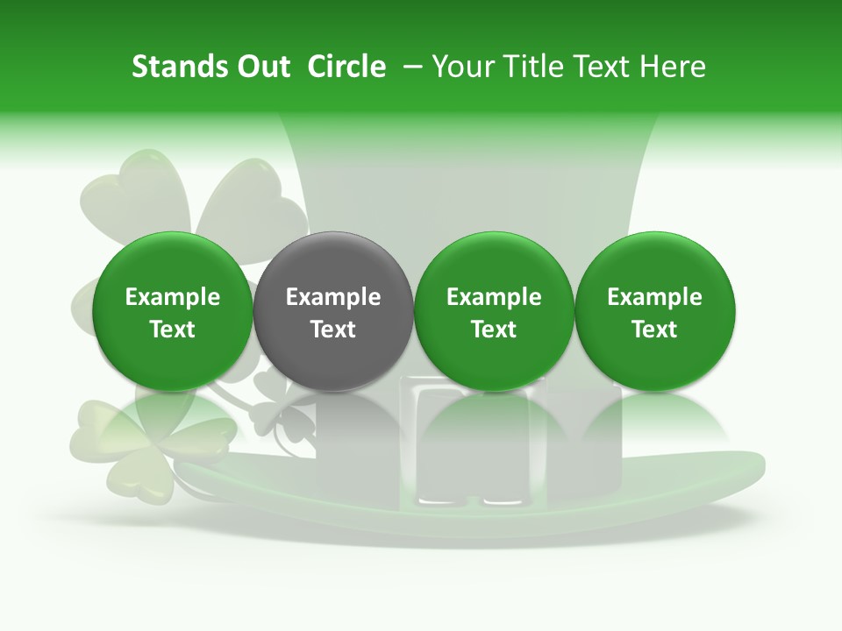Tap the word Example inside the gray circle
pos(333,297)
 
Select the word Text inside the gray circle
pos(333,330)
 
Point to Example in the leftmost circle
pos(173,297)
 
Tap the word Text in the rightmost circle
pos(655,330)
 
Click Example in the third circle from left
pos(494,297)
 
